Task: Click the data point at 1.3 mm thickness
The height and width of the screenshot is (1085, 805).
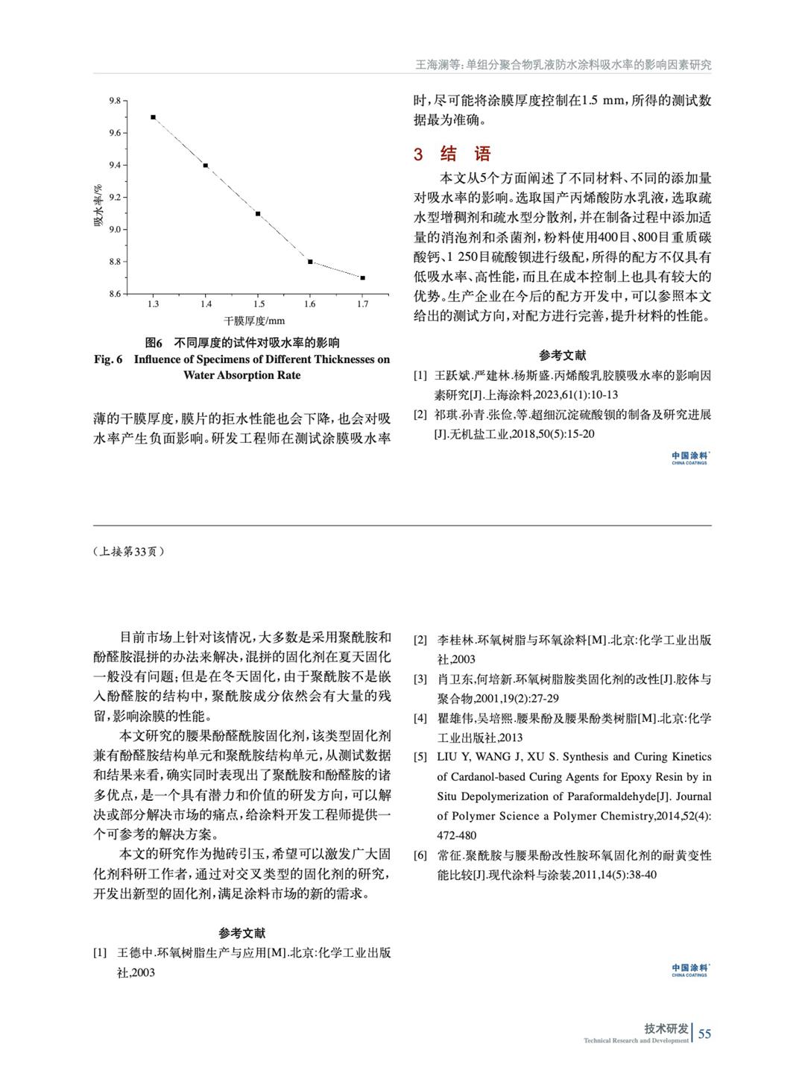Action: [153, 117]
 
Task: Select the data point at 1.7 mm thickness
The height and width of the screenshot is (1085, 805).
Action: [362, 277]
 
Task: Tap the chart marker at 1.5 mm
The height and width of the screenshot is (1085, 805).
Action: [258, 214]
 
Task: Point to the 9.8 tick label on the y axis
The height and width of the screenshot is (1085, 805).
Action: [115, 101]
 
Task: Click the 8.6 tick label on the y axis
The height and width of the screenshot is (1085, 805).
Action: [115, 294]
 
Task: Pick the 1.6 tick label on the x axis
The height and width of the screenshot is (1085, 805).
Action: [310, 304]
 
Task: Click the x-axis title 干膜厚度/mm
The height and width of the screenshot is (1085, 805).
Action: [255, 321]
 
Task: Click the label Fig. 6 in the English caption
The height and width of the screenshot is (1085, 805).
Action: [108, 359]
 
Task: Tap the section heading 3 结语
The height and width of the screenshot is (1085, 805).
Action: [453, 154]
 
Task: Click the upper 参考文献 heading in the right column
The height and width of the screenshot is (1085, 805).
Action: [563, 356]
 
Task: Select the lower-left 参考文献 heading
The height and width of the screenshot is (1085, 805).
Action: [242, 933]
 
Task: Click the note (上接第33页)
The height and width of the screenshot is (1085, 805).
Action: [129, 552]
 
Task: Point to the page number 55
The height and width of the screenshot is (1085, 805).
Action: [704, 1034]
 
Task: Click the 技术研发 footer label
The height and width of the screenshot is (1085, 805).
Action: [666, 1029]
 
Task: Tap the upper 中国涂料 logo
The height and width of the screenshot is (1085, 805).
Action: [689, 457]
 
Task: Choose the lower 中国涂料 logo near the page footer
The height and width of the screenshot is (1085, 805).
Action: [689, 969]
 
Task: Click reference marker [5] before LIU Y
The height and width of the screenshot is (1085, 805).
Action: [420, 757]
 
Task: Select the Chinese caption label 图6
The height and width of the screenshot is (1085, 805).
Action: [154, 343]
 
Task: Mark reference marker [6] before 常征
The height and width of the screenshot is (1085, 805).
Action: [420, 855]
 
